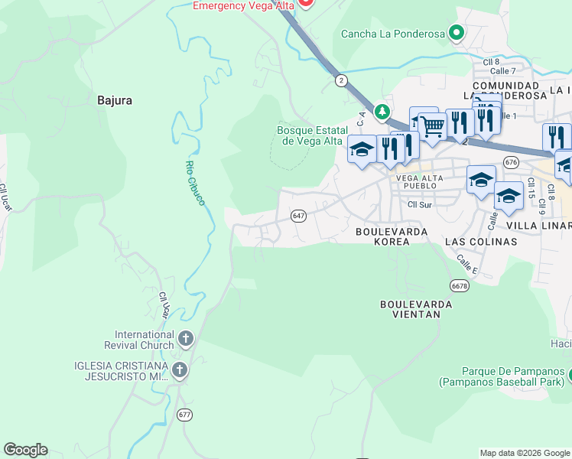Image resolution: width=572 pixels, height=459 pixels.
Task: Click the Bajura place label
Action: (x=115, y=99)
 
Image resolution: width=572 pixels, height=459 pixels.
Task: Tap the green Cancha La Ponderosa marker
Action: (x=457, y=33)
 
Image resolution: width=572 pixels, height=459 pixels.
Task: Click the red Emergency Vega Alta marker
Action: (x=306, y=2)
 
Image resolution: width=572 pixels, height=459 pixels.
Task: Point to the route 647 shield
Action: (x=299, y=216)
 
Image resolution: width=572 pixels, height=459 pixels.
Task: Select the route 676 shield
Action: (x=512, y=161)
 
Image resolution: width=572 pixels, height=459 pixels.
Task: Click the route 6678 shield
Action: (x=459, y=285)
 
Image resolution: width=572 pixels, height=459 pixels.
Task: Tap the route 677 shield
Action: (x=184, y=415)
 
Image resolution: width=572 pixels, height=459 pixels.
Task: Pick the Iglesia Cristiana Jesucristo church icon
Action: (x=180, y=372)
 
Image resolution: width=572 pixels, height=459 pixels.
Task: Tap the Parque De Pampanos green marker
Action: (x=570, y=375)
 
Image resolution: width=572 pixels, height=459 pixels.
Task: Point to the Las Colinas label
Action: (x=481, y=241)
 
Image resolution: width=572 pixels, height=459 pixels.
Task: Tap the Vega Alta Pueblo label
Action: (x=416, y=181)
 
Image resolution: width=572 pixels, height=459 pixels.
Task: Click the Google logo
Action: (x=25, y=450)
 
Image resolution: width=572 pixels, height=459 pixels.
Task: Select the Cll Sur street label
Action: (x=420, y=204)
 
